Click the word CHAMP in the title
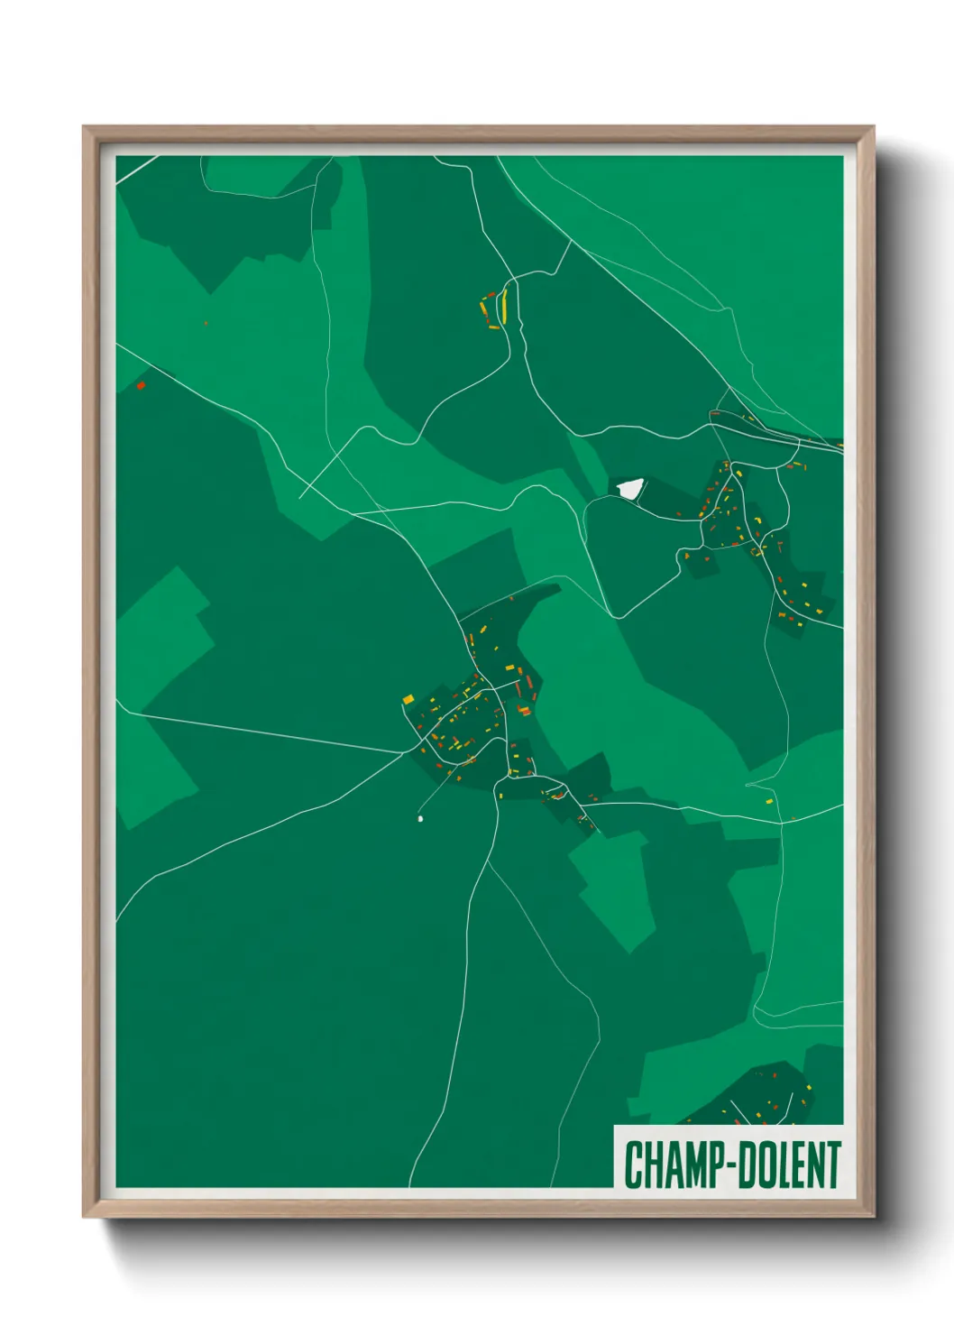coord(672,1165)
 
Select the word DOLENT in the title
coord(790,1165)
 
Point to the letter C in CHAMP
coord(633,1165)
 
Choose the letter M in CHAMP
coord(692,1165)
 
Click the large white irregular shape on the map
coord(629,488)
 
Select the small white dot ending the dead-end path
coord(420,819)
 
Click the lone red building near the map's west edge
coord(141,385)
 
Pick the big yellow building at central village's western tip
coord(408,699)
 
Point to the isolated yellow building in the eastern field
coord(769,799)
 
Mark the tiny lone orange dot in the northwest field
coord(206,323)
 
